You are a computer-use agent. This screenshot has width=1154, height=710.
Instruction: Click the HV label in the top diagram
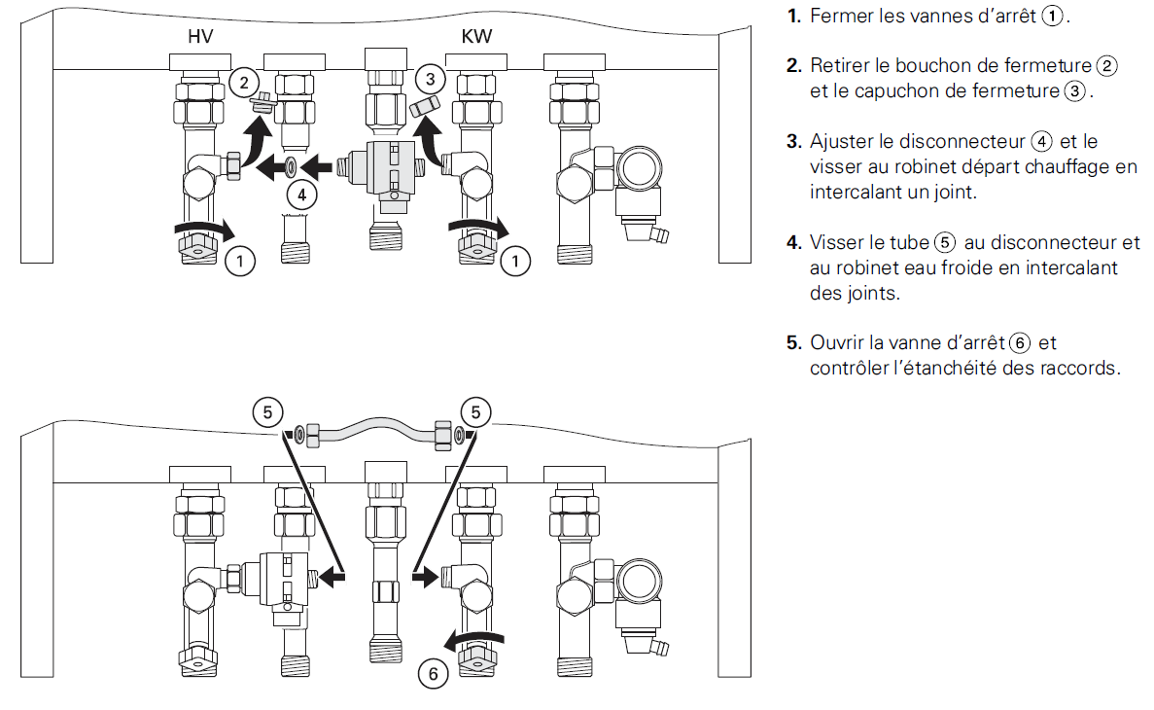pyautogui.click(x=200, y=38)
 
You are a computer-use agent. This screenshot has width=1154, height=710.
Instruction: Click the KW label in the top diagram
pyautogui.click(x=476, y=38)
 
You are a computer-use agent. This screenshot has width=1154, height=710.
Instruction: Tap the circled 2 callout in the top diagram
pyautogui.click(x=243, y=82)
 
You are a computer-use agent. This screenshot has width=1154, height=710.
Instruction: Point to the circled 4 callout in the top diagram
pyautogui.click(x=302, y=195)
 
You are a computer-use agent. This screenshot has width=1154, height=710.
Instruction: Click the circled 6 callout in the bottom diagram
pyautogui.click(x=434, y=674)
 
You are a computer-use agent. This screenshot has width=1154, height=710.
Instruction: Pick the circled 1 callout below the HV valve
pyautogui.click(x=240, y=260)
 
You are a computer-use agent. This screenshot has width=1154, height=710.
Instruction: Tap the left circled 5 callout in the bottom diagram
pyautogui.click(x=267, y=411)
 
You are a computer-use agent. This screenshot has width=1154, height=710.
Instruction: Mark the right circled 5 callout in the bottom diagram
pyautogui.click(x=475, y=411)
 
